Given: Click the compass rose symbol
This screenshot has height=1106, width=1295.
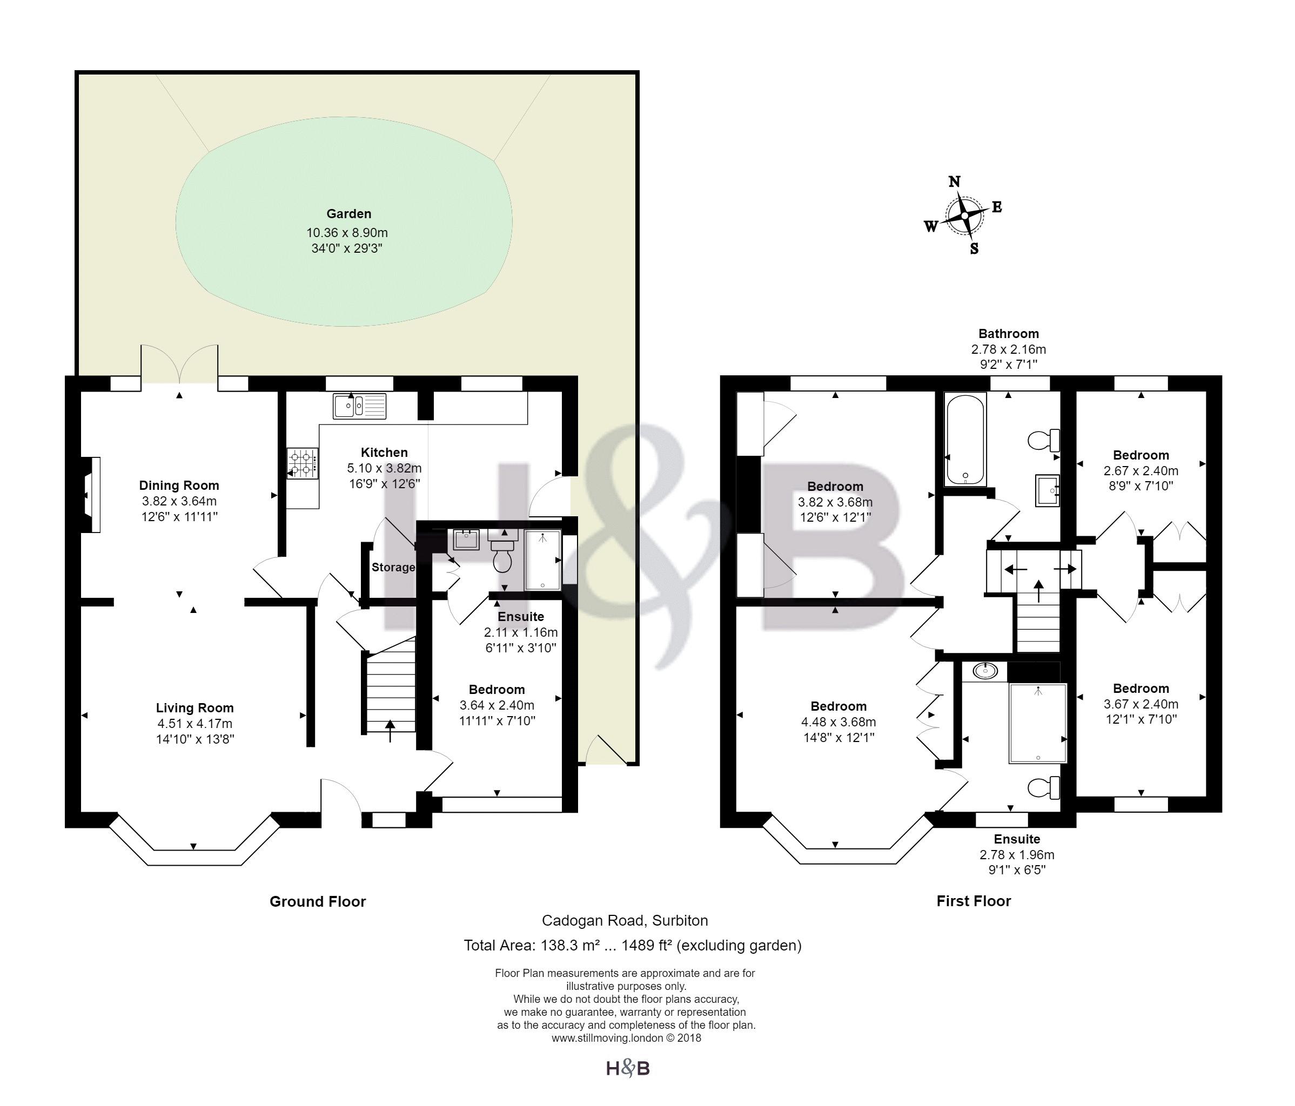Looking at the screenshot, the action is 964,215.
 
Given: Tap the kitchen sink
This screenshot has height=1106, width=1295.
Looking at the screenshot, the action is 359,406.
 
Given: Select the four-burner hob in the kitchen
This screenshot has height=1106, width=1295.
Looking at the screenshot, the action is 303,463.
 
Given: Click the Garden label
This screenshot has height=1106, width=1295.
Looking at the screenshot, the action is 349,214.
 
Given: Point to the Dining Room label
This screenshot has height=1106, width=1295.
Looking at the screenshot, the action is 179,485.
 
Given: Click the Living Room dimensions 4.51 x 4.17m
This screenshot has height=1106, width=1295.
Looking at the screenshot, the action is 194,724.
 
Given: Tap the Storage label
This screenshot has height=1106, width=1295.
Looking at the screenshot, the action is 393,568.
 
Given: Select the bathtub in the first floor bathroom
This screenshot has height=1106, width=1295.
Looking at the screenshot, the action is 965,439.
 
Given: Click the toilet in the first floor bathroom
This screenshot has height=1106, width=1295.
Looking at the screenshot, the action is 1044,441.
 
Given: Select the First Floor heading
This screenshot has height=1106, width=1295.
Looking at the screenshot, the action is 973,901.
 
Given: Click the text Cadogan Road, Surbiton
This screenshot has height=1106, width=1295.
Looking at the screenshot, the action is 625,920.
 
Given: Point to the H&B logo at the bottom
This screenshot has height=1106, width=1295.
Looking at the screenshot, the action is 628,1069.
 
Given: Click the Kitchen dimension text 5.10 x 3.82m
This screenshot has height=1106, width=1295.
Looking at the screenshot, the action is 384,468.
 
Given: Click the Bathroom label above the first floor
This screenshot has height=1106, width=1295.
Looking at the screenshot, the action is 1009,334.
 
